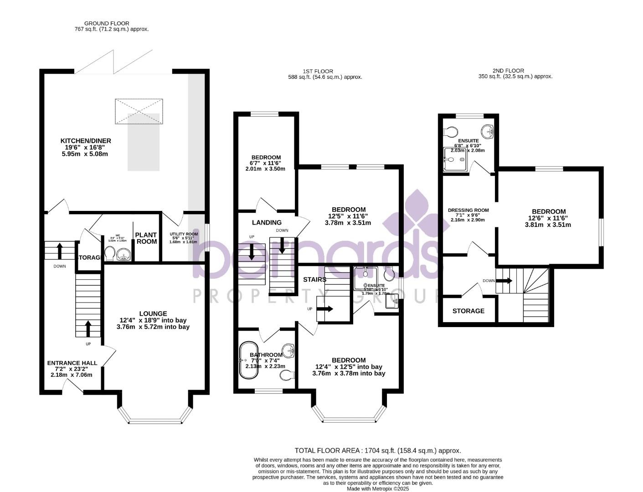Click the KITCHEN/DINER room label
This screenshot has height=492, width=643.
click(86, 141)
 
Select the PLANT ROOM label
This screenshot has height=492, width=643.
click(146, 238)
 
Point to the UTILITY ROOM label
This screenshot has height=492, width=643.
click(184, 234)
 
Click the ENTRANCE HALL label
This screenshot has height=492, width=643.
click(72, 363)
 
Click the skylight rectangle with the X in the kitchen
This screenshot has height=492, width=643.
click(139, 111)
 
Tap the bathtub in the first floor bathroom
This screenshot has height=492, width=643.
click(249, 360)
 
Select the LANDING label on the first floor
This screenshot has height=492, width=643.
click(267, 223)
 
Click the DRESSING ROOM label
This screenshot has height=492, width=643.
click(468, 210)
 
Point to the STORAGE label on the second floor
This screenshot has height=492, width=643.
click(468, 311)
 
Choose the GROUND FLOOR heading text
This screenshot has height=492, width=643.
click(107, 23)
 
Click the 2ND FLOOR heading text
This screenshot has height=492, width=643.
click(508, 71)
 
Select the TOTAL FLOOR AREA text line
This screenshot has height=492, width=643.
click(378, 451)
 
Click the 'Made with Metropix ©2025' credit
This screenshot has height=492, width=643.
click(378, 488)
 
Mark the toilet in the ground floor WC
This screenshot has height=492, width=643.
click(110, 253)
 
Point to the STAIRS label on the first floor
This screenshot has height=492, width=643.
click(314, 279)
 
